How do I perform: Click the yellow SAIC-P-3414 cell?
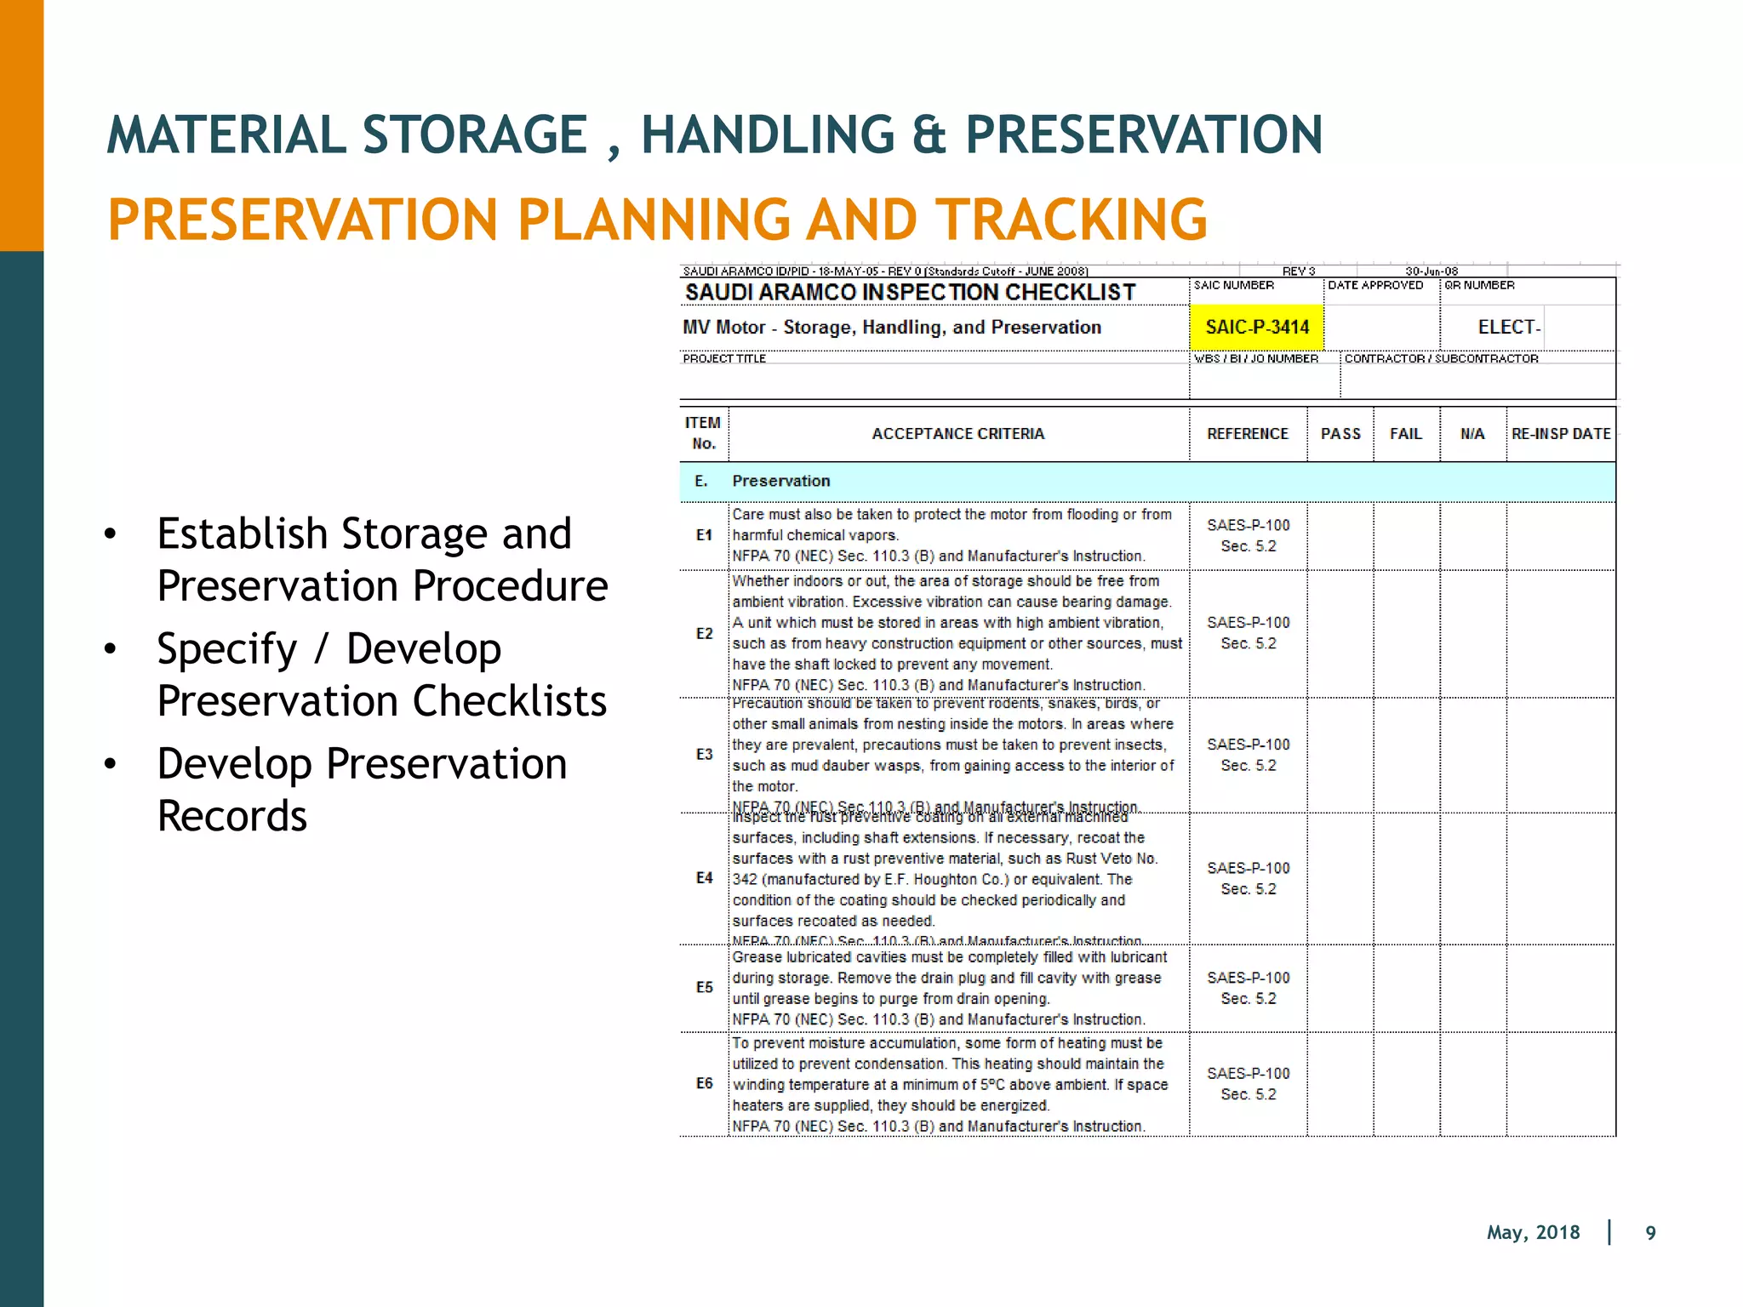1256,328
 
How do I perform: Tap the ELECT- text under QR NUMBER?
1508,328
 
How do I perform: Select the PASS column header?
1340,434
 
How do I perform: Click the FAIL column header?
1406,434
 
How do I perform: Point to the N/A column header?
1472,434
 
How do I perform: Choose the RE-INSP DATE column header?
1561,434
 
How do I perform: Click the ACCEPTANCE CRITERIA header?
957,434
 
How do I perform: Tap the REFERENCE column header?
1248,434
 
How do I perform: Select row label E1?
704,535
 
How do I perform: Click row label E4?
704,878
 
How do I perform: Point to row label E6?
704,1083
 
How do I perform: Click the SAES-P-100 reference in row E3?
1248,745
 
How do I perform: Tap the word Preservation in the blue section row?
780,481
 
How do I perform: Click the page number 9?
1650,1233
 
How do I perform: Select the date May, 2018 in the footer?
1533,1233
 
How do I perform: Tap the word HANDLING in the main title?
768,134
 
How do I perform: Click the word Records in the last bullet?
231,816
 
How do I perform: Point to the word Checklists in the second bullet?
509,701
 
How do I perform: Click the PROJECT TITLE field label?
723,359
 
